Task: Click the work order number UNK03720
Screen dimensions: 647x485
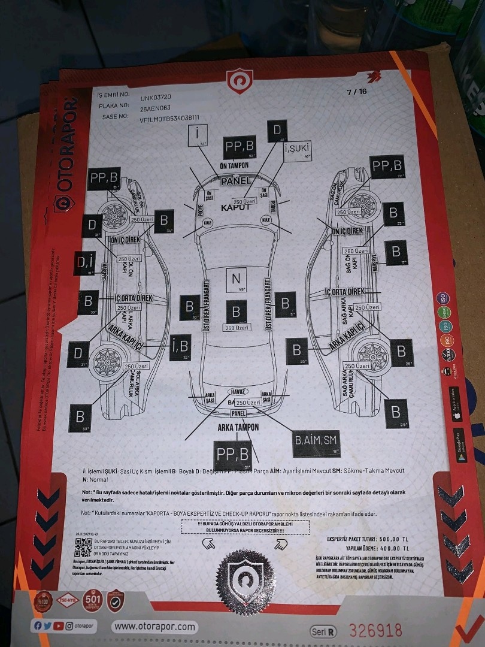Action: pyautogui.click(x=156, y=96)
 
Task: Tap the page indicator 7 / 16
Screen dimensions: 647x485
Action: pyautogui.click(x=356, y=92)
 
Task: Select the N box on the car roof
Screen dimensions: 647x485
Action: pyautogui.click(x=236, y=279)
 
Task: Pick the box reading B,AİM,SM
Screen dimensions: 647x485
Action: pyautogui.click(x=316, y=442)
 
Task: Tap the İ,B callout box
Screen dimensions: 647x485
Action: pyautogui.click(x=180, y=347)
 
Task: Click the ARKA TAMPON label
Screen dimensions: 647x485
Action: pyautogui.click(x=238, y=428)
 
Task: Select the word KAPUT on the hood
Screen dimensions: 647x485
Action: pyautogui.click(x=235, y=207)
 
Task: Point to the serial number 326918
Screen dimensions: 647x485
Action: pyautogui.click(x=375, y=630)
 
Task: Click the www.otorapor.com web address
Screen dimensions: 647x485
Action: pyautogui.click(x=154, y=627)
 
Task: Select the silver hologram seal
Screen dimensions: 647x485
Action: pyautogui.click(x=240, y=578)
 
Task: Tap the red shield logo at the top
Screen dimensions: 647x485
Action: pyautogui.click(x=240, y=81)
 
